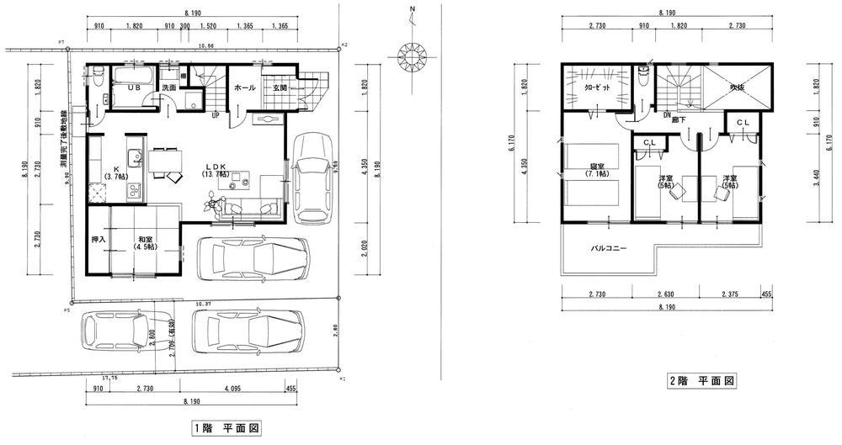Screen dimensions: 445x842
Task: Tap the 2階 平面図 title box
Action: coord(702,381)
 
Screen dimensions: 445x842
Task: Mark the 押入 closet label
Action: coord(97,240)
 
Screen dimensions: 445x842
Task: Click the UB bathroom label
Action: coord(133,87)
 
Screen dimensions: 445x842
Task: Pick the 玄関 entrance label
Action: coord(280,87)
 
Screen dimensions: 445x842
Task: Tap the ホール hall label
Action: coord(244,87)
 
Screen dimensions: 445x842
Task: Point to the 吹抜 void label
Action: coord(738,87)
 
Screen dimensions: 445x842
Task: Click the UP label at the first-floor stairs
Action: coord(216,114)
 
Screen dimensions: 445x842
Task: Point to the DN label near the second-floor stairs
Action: coord(667,114)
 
